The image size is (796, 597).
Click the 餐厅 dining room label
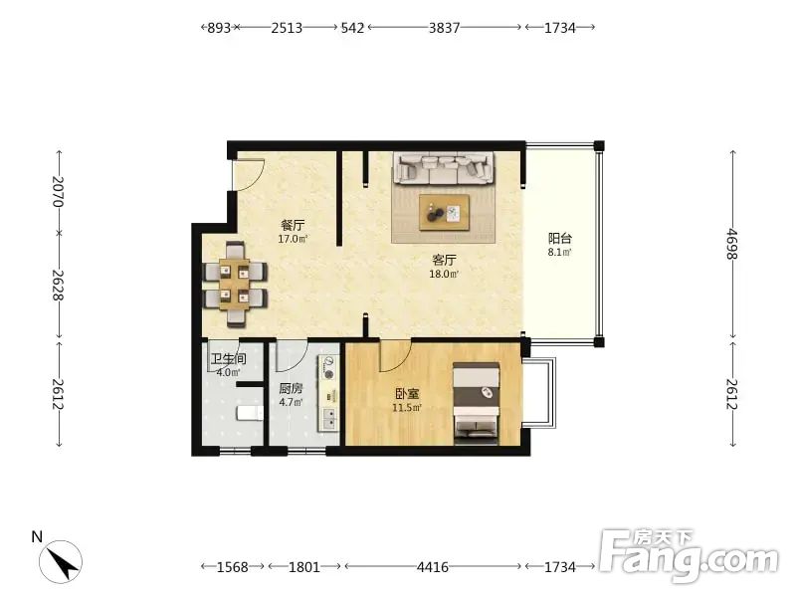click(293, 225)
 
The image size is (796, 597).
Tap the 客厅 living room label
click(444, 261)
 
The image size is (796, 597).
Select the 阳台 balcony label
click(560, 238)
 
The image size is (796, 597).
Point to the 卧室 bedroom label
click(407, 393)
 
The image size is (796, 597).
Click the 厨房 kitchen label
click(291, 389)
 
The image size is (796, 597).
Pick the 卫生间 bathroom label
click(229, 359)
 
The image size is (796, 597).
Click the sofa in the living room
click(443, 168)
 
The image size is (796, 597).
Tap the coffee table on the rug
click(444, 213)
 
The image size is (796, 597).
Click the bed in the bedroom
click(477, 403)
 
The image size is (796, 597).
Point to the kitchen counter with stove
click(328, 393)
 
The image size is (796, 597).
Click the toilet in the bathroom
click(250, 412)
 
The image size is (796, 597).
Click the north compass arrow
click(65, 562)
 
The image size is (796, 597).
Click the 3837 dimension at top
click(444, 28)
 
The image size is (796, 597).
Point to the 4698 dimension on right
click(732, 244)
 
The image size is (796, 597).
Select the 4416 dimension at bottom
click(433, 566)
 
